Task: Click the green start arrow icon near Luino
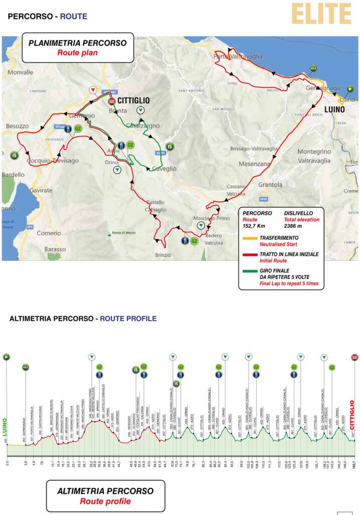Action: [350, 89]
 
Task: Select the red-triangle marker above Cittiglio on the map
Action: [93, 90]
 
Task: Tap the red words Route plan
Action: [77, 52]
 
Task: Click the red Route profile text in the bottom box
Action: [105, 501]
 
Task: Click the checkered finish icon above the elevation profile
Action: [354, 357]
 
